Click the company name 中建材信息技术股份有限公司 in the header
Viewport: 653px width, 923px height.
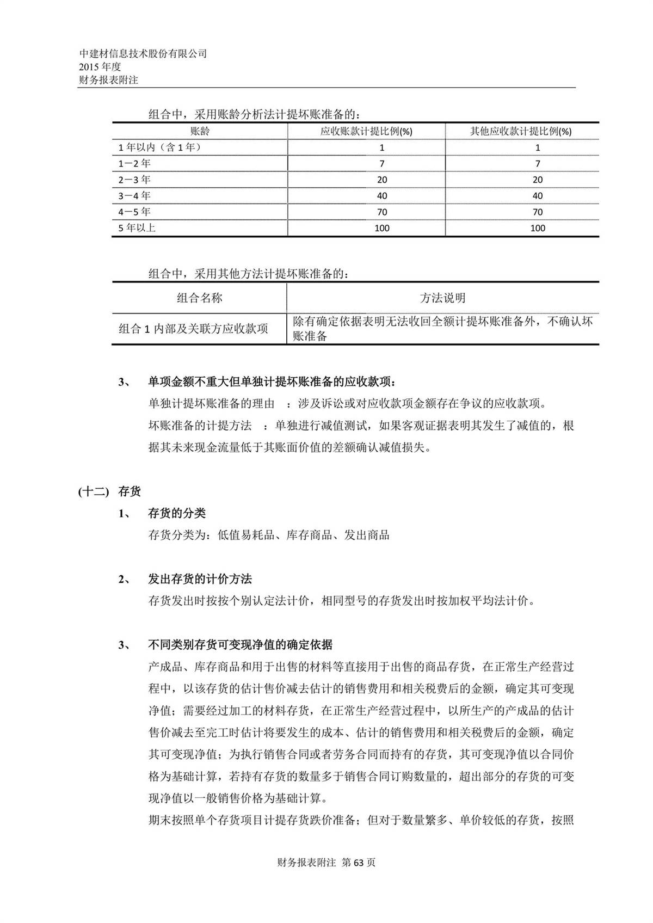pyautogui.click(x=143, y=54)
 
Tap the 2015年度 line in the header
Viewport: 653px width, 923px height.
pyautogui.click(x=100, y=67)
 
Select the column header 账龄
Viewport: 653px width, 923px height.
pyautogui.click(x=200, y=131)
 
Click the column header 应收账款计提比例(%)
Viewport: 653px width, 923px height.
pyautogui.click(x=366, y=131)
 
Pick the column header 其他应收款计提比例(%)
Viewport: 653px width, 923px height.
pyautogui.click(x=521, y=131)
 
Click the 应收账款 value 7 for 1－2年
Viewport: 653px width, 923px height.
pyautogui.click(x=382, y=164)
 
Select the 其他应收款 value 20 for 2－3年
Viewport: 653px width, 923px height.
pyautogui.click(x=538, y=180)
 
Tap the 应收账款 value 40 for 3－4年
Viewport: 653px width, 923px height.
pyautogui.click(x=382, y=196)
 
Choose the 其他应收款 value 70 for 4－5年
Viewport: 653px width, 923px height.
pyautogui.click(x=538, y=212)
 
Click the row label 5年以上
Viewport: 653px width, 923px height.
pyautogui.click(x=137, y=228)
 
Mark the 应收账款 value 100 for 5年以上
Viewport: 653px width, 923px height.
pyautogui.click(x=382, y=228)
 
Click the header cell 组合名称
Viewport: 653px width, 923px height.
pyautogui.click(x=200, y=298)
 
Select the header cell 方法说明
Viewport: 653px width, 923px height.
pyautogui.click(x=442, y=298)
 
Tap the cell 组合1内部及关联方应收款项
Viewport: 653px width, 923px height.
pyautogui.click(x=193, y=329)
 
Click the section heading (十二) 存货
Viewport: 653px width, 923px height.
pyautogui.click(x=110, y=491)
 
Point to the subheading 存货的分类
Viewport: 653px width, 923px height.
pyautogui.click(x=177, y=513)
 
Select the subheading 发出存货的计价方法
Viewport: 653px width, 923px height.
pyautogui.click(x=200, y=579)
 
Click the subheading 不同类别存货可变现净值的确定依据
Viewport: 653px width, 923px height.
pyautogui.click(x=240, y=645)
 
